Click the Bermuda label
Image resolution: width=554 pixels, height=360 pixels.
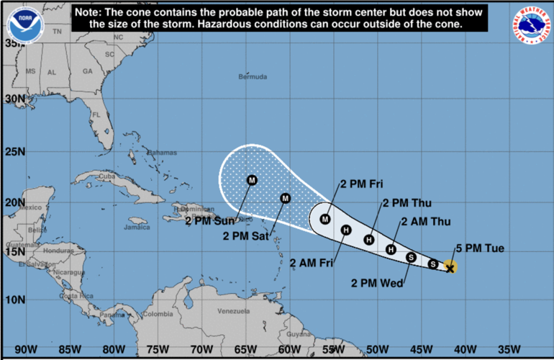(x=253, y=76)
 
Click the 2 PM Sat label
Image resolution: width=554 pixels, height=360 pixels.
(x=245, y=235)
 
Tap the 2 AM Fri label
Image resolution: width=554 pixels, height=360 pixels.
(x=312, y=263)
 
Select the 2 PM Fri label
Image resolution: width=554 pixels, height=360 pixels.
(x=361, y=184)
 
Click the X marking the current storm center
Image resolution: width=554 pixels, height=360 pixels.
(x=450, y=269)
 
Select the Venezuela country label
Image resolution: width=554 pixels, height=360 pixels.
(x=232, y=311)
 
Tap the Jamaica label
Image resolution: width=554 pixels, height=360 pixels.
(x=136, y=228)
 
